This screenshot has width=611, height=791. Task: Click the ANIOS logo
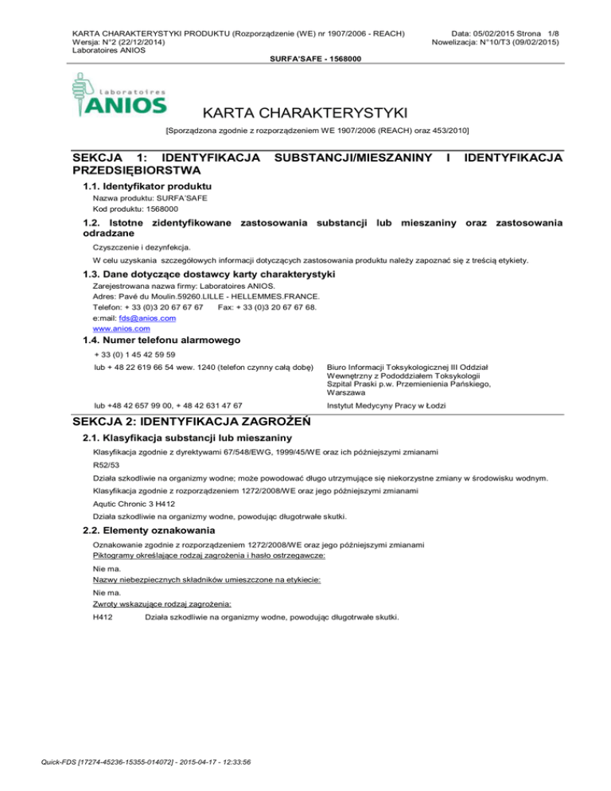click(119, 95)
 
